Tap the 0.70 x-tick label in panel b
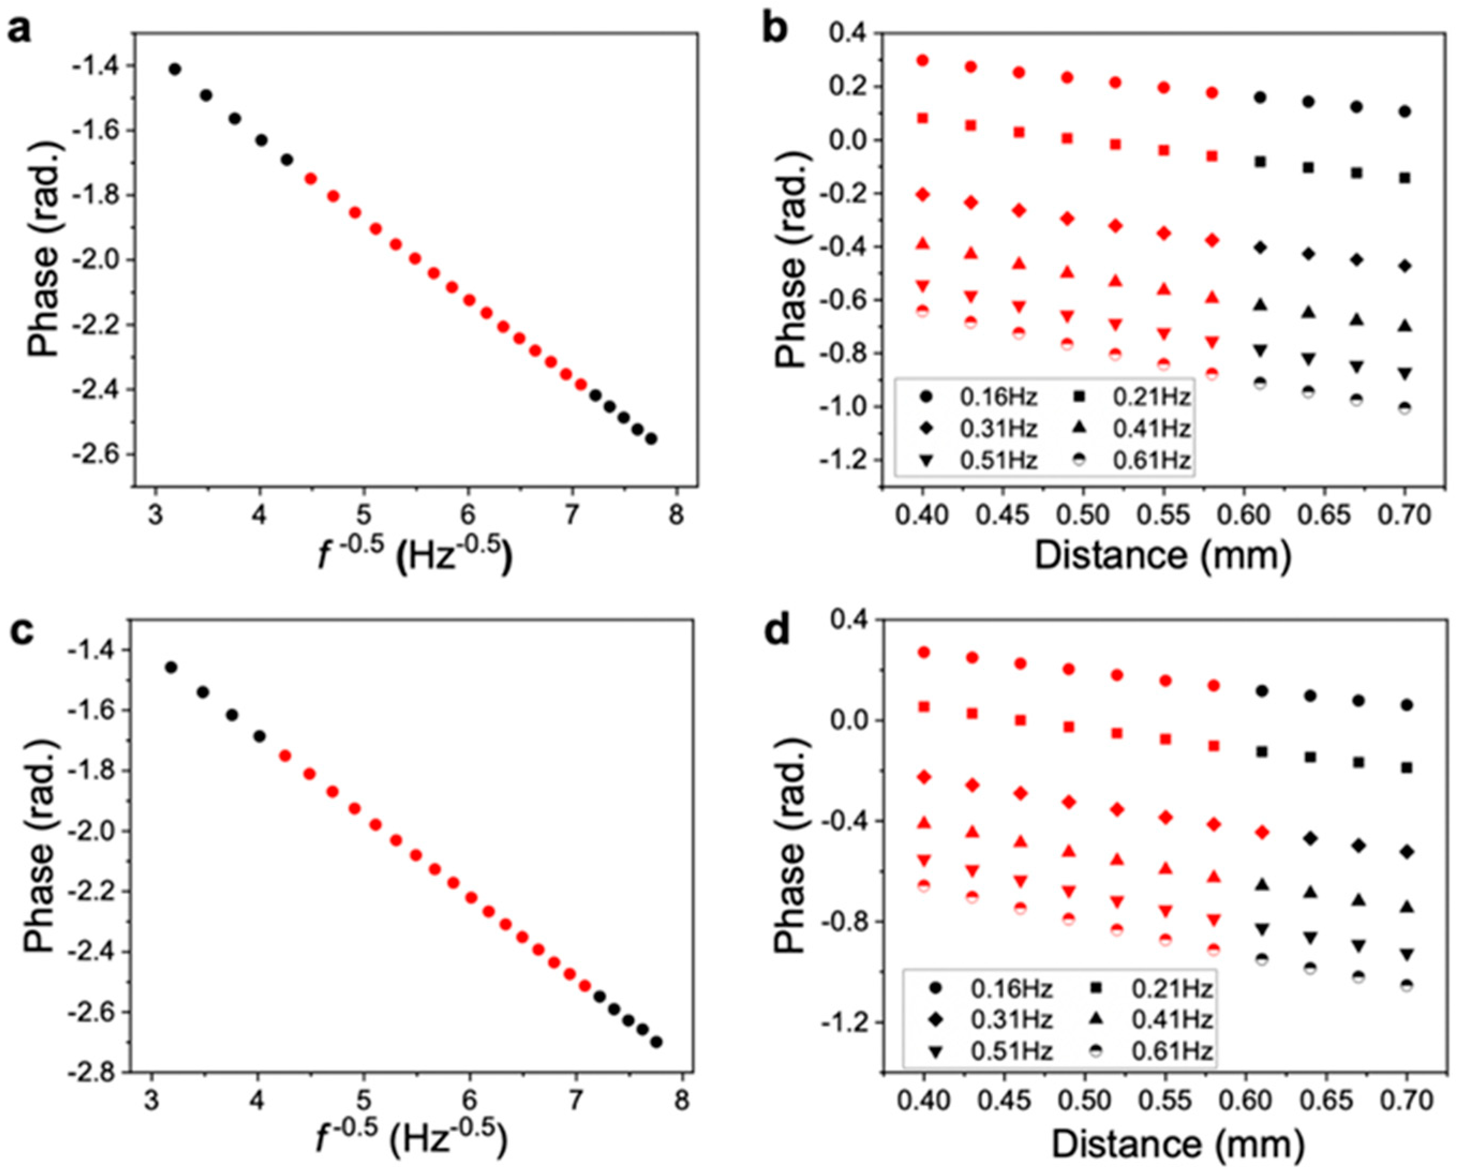pos(1404,516)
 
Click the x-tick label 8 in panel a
pos(675,516)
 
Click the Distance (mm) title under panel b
pos(1162,556)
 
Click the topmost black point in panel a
pos(175,69)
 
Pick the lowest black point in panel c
pos(655,1042)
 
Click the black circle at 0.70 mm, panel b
pos(1404,111)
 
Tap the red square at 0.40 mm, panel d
pos(924,706)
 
